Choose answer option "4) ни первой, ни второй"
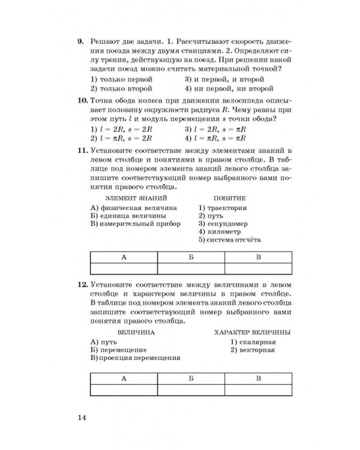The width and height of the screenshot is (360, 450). coord(224,88)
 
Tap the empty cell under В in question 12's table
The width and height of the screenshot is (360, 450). coord(259,391)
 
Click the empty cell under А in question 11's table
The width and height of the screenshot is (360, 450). coord(123,268)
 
